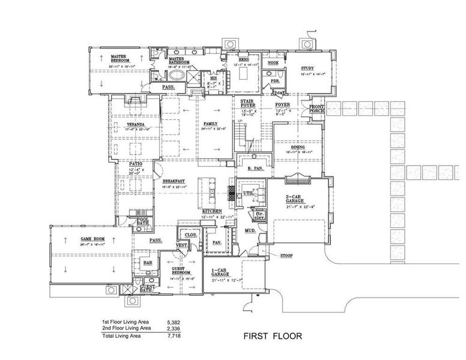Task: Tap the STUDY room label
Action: tap(307, 68)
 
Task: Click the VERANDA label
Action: tap(135, 125)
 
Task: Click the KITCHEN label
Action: tap(212, 212)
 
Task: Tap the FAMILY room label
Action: tap(210, 122)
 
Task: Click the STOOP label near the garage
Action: tap(286, 256)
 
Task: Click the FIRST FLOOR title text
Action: tap(272, 336)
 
